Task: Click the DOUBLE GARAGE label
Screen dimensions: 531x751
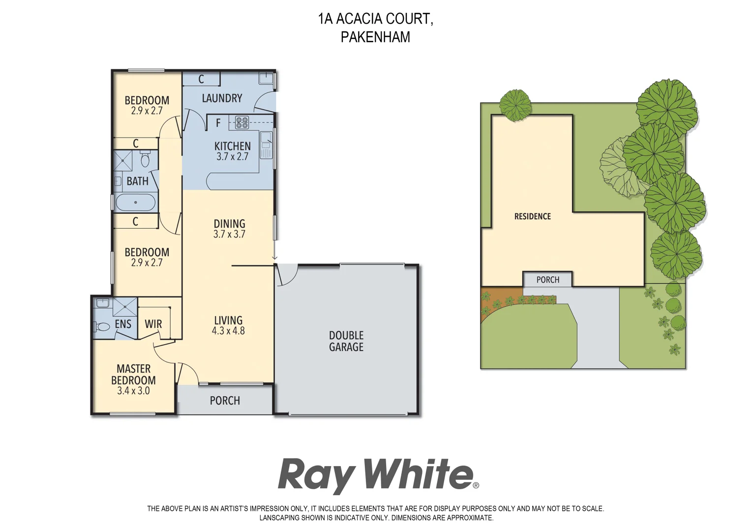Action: click(346, 341)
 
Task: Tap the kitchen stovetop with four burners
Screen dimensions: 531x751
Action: click(242, 122)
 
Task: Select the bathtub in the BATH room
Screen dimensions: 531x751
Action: click(136, 202)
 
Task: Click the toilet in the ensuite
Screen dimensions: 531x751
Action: click(103, 326)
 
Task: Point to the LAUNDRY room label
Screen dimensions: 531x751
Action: click(222, 98)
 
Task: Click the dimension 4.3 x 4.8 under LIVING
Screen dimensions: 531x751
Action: click(228, 331)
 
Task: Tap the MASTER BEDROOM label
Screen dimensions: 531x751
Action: click(133, 375)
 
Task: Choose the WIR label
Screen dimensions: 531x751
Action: click(153, 324)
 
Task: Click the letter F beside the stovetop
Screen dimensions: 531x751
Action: click(218, 123)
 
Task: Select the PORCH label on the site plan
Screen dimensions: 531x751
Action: click(547, 280)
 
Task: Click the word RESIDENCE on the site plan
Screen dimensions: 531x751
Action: click(532, 216)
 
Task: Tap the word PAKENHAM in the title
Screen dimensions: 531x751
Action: click(375, 37)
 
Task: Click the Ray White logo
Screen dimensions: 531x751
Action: click(377, 475)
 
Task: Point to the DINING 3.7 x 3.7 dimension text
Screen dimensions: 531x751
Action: click(229, 235)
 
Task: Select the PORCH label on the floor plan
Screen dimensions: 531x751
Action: click(225, 401)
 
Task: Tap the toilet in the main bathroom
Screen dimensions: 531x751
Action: click(145, 160)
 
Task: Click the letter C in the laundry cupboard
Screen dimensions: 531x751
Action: click(201, 79)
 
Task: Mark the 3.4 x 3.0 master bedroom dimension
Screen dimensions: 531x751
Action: click(133, 391)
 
